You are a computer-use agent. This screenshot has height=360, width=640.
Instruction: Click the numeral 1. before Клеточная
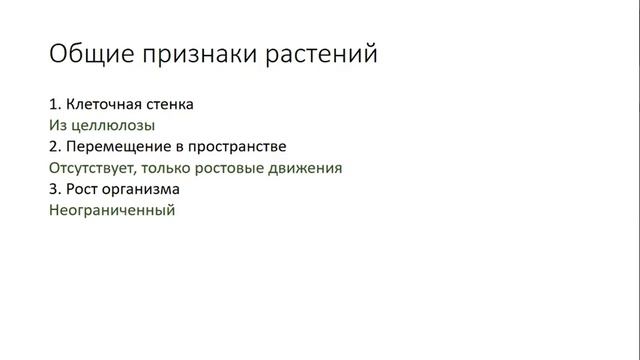[54, 103]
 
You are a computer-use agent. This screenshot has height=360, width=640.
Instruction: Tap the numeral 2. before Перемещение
[54, 146]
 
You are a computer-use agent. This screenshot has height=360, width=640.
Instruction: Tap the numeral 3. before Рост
[54, 189]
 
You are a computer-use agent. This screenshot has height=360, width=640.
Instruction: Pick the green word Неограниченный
[111, 211]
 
